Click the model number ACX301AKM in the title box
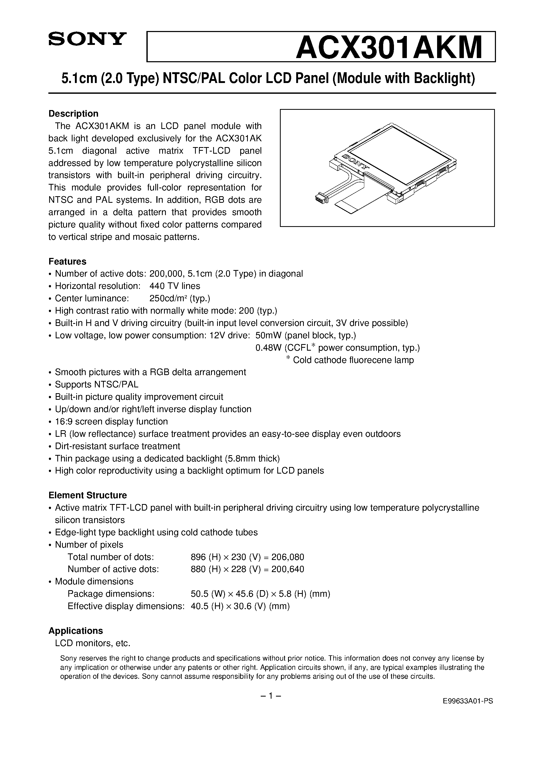pyautogui.click(x=388, y=48)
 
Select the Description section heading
pyautogui.click(x=73, y=114)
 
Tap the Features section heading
pyautogui.click(x=67, y=261)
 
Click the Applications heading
pyautogui.click(x=76, y=631)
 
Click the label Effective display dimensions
pyautogui.click(x=126, y=606)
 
